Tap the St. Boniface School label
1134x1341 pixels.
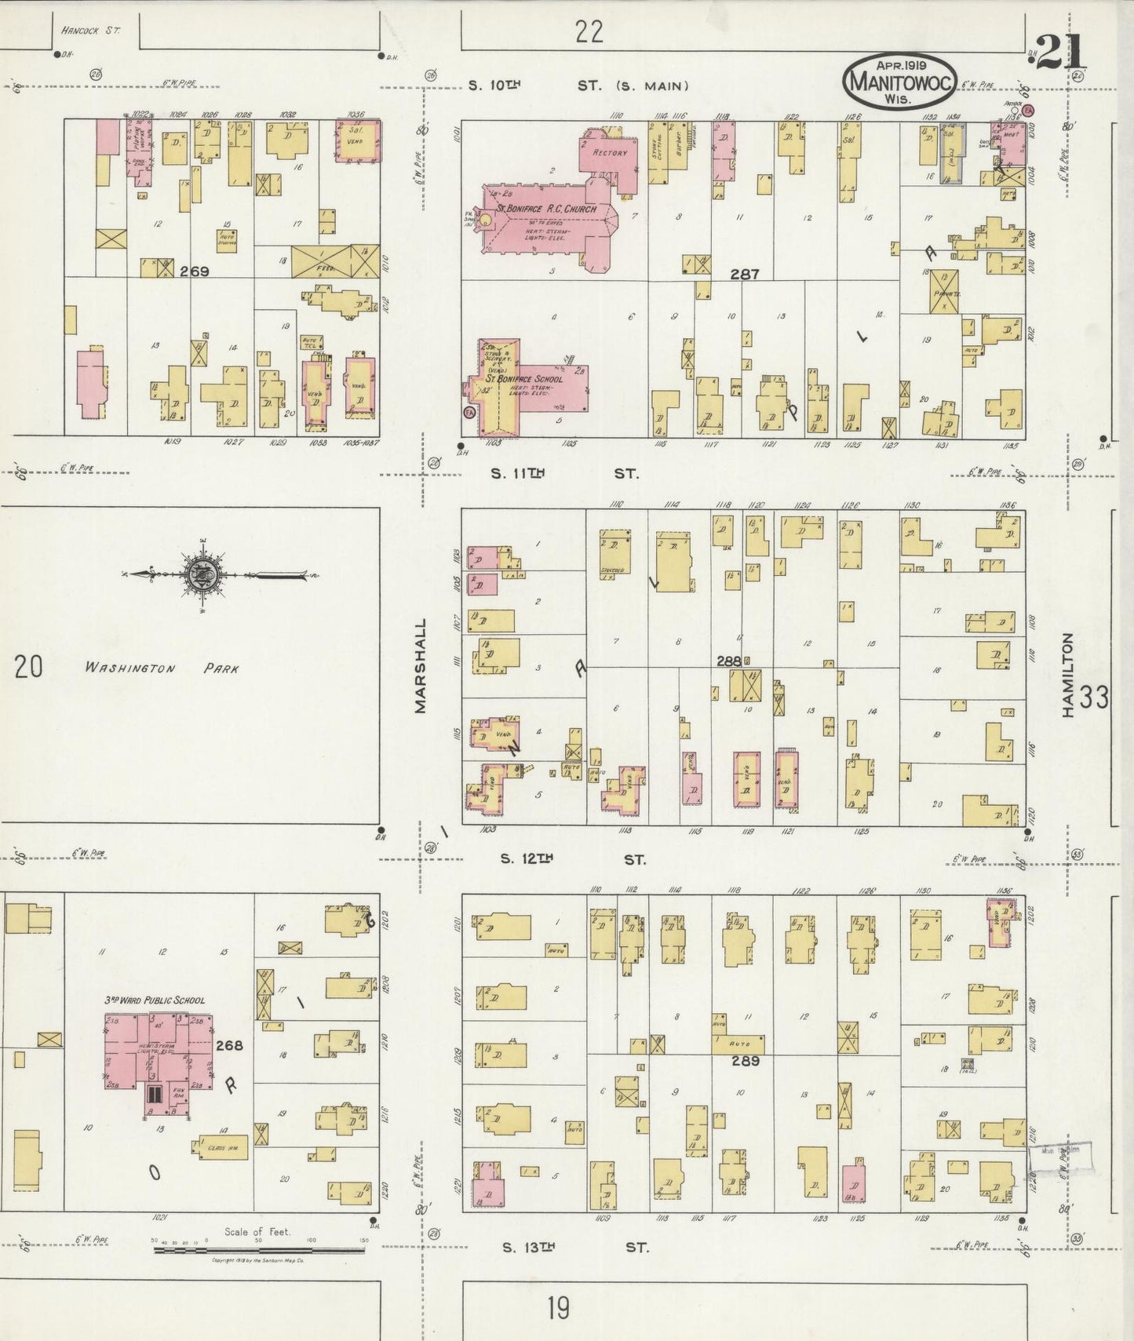pos(524,379)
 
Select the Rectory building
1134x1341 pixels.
pos(608,153)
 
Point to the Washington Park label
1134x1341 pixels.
pos(161,669)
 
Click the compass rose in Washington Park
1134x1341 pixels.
pos(202,575)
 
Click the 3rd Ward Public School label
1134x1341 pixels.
pos(155,1000)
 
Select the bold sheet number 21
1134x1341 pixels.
pos(1060,53)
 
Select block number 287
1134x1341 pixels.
pos(744,275)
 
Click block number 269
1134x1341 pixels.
pos(194,271)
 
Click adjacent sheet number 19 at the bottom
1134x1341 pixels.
pos(558,1309)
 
